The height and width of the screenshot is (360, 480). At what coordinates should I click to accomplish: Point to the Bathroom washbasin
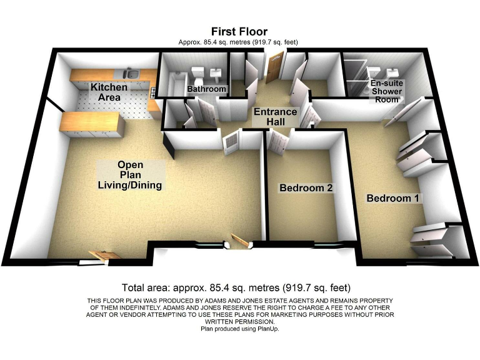(217, 71)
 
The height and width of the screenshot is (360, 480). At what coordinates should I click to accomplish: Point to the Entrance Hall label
(275, 117)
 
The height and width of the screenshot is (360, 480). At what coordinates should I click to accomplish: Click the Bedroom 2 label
(305, 188)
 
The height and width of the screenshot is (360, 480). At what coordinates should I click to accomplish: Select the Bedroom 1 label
(394, 198)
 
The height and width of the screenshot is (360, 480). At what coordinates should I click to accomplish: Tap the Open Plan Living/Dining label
(131, 175)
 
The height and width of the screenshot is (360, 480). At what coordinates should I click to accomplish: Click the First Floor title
(239, 31)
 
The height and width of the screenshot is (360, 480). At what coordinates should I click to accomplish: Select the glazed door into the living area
(229, 141)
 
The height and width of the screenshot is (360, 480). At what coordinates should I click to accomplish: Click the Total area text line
(236, 288)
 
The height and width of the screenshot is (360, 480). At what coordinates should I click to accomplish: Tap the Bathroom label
(206, 89)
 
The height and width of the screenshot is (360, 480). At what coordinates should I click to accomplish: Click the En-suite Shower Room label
(387, 91)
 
